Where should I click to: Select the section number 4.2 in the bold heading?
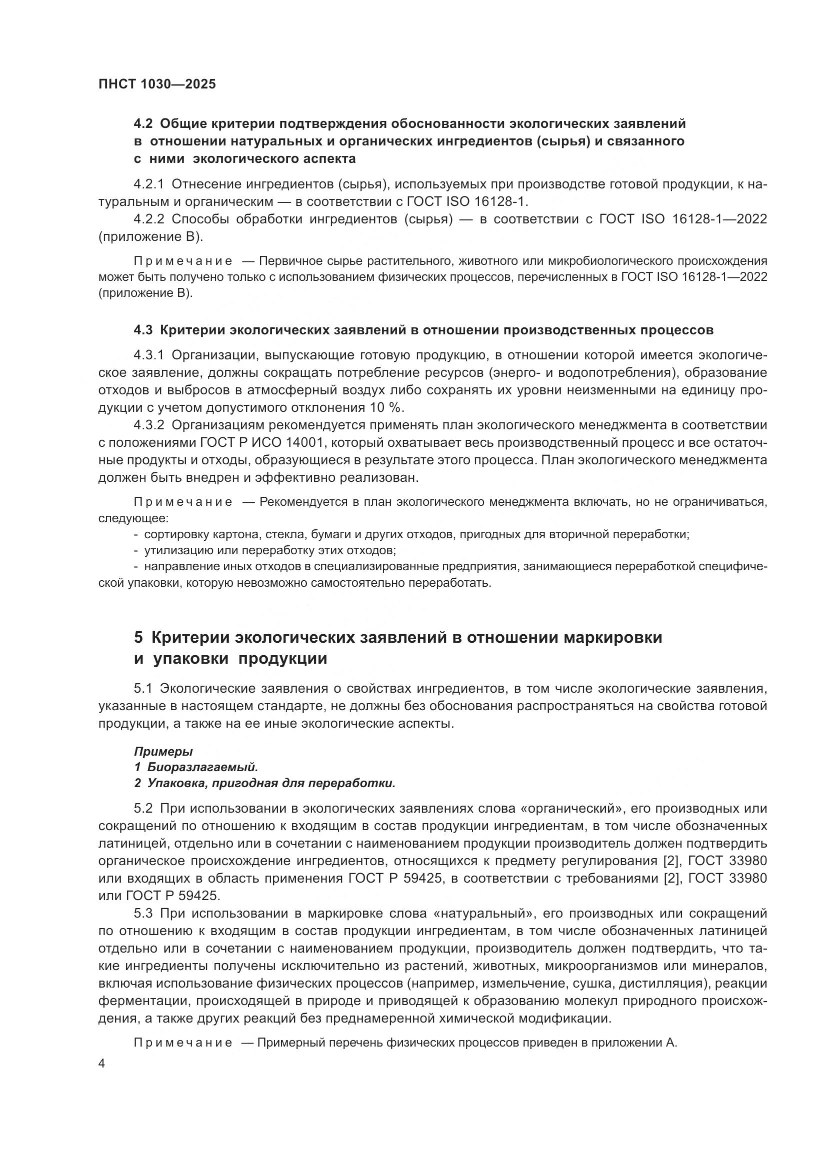coord(143,124)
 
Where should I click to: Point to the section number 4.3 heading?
coord(143,330)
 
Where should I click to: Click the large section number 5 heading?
coord(138,637)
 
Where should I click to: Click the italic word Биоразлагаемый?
coord(202,767)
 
